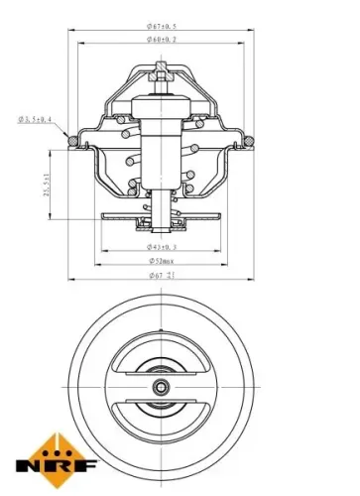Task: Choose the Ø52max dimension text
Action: [162, 263]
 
